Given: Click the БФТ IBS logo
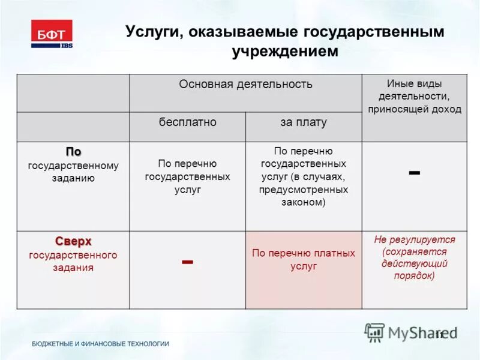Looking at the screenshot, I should pyautogui.click(x=52, y=34).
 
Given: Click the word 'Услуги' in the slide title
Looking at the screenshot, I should pyautogui.click(x=149, y=32).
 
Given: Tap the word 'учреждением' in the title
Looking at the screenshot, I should pyautogui.click(x=285, y=52).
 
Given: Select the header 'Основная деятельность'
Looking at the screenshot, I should pyautogui.click(x=245, y=84).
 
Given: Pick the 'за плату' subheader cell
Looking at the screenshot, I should pyautogui.click(x=303, y=122).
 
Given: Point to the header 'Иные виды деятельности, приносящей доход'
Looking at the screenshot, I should pyautogui.click(x=414, y=96).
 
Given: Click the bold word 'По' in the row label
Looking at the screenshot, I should pyautogui.click(x=73, y=152).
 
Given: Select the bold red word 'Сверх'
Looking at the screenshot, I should pyautogui.click(x=73, y=241).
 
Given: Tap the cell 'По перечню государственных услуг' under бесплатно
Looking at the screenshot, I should pyautogui.click(x=187, y=176).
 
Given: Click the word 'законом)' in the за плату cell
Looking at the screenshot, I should pyautogui.click(x=303, y=203).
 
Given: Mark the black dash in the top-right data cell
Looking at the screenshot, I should pyautogui.click(x=414, y=172).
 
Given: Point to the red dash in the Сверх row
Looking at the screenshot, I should pyautogui.click(x=187, y=262).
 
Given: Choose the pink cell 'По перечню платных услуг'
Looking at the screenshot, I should pyautogui.click(x=303, y=259).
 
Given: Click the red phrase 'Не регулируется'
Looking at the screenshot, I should pyautogui.click(x=414, y=239).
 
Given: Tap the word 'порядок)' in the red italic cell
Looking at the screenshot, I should pyautogui.click(x=414, y=276).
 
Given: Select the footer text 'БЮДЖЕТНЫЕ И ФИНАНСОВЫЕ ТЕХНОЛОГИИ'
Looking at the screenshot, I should pyautogui.click(x=100, y=344).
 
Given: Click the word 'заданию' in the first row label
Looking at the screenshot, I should pyautogui.click(x=73, y=178).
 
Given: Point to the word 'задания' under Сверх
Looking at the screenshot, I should pyautogui.click(x=73, y=268).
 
